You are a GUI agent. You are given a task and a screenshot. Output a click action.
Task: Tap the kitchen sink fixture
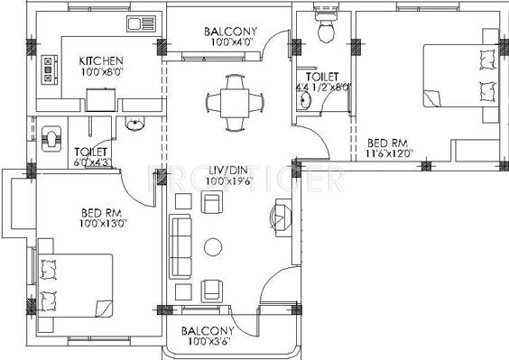[141, 23]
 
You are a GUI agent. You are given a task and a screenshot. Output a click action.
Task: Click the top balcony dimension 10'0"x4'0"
[227, 42]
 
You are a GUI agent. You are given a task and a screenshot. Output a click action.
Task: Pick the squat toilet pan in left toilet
[53, 136]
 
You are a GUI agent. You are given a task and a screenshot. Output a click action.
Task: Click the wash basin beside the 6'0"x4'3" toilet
[135, 125]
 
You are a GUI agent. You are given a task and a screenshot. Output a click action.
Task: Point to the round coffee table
[213, 246]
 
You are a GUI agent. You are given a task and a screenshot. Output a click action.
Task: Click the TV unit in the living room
[279, 218]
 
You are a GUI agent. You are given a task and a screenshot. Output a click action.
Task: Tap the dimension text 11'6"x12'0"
[389, 154]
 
